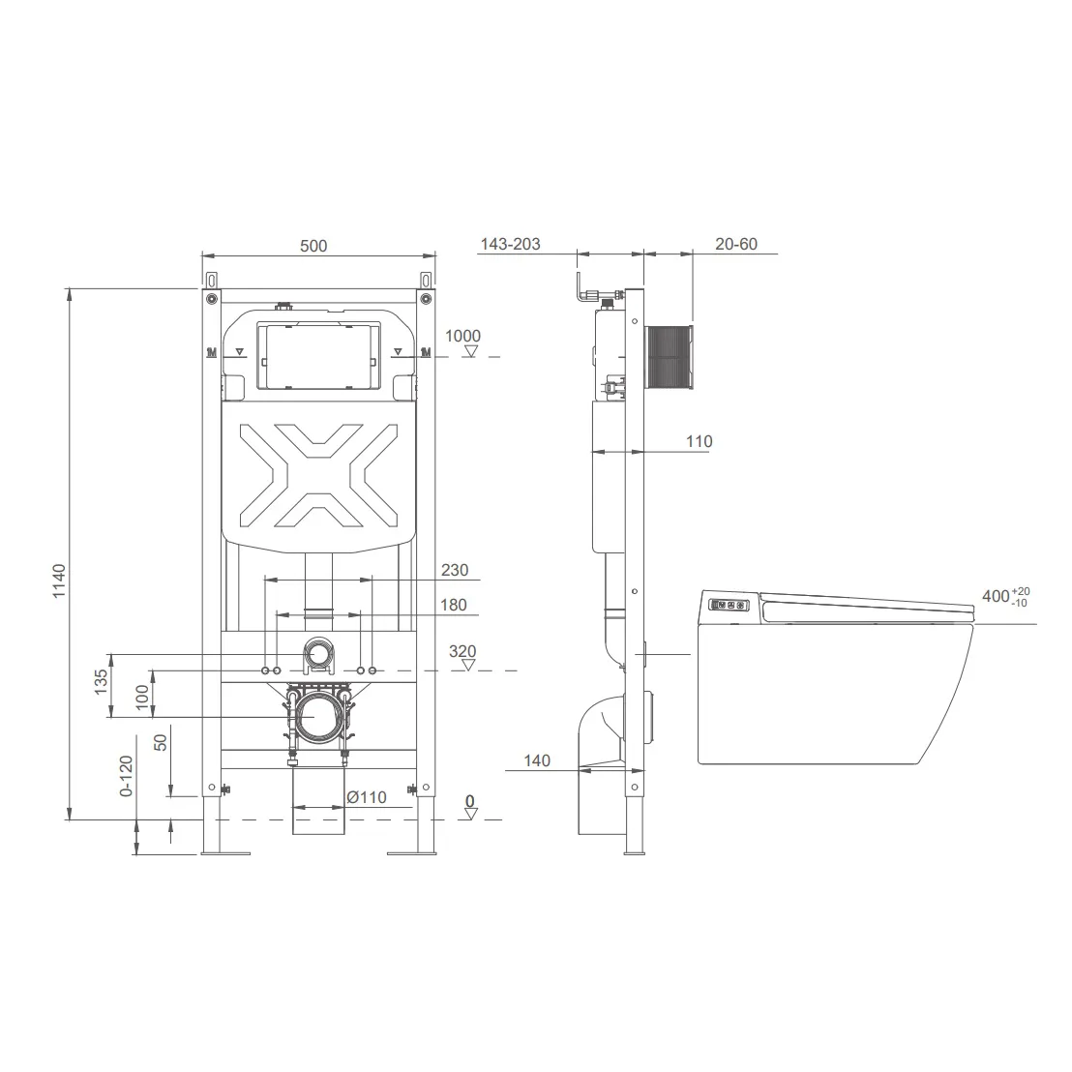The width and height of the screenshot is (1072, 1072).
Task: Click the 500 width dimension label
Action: tap(313, 246)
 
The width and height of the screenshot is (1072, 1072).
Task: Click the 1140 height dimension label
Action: tap(60, 581)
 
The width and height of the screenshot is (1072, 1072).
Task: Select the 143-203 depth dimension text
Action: tap(511, 244)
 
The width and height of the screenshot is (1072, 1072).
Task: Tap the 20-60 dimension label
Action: tap(736, 244)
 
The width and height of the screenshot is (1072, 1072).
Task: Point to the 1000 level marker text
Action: tap(462, 336)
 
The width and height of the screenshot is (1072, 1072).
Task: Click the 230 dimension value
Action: tap(455, 570)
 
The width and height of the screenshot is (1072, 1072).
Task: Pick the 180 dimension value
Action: tap(453, 605)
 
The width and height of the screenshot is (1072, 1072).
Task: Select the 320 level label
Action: tap(462, 651)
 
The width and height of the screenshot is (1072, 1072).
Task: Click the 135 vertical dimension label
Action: tap(102, 682)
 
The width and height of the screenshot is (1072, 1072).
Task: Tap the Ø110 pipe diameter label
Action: tap(367, 797)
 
